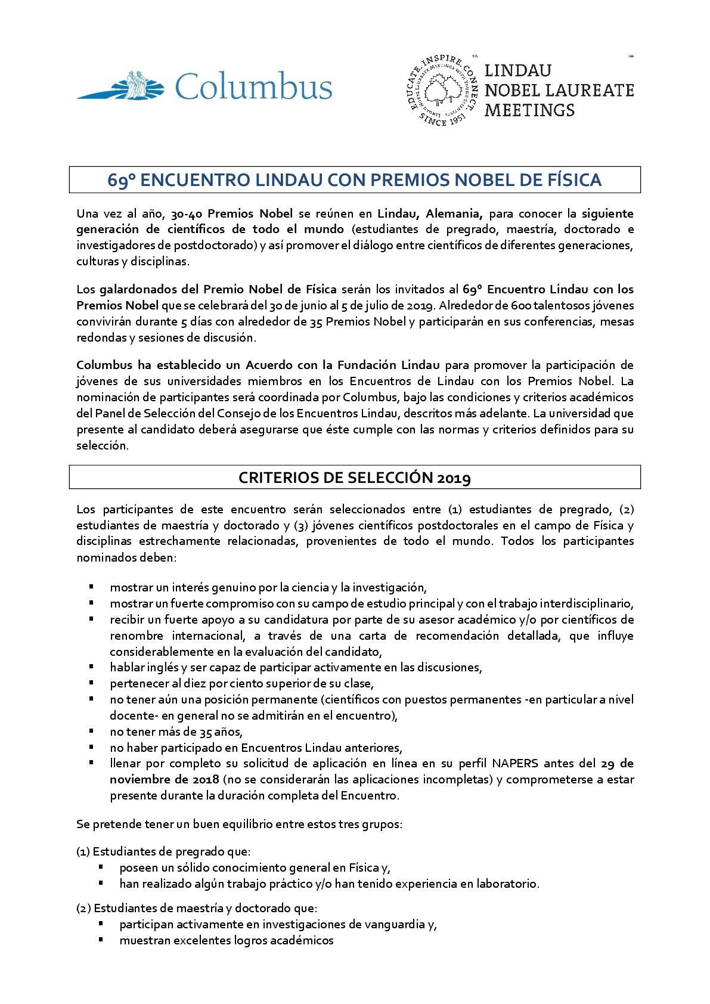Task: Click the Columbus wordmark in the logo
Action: tap(253, 86)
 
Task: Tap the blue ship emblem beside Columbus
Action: tap(128, 86)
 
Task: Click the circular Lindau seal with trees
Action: tap(442, 91)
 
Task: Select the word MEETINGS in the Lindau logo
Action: tap(529, 110)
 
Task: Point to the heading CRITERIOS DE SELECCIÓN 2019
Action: tap(355, 478)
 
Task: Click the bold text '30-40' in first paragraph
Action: tap(187, 213)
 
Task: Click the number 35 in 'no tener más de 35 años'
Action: tap(206, 732)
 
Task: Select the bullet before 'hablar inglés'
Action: tap(92, 667)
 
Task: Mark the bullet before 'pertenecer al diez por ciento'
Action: tap(92, 683)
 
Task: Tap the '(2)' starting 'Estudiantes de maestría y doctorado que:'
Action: tap(83, 908)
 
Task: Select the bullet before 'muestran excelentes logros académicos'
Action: tap(101, 940)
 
